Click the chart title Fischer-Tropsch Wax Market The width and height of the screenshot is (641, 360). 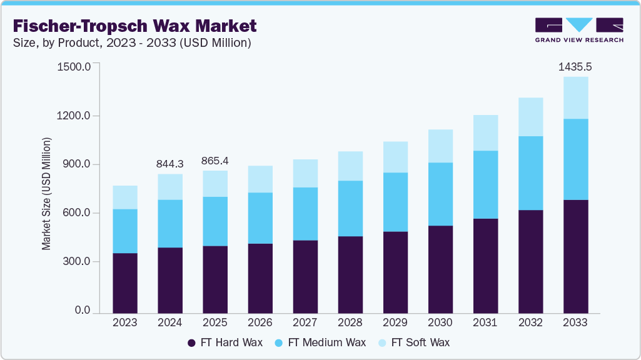134,26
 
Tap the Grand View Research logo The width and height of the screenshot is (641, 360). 579,30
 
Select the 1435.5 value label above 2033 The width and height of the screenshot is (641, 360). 575,66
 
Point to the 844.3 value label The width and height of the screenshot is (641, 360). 169,164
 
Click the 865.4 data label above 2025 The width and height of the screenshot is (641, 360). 215,161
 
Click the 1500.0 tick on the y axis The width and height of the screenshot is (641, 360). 74,66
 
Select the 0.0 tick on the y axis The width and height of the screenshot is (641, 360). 82,311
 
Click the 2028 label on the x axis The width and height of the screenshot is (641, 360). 350,322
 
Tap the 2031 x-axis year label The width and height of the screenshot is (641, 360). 485,322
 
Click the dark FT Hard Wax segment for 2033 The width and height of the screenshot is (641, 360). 575,256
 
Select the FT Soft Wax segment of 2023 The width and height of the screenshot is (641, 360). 124,197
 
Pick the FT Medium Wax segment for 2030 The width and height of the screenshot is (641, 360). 440,194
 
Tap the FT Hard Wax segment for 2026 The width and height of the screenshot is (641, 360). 260,278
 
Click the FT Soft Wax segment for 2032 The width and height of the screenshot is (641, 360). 530,117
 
